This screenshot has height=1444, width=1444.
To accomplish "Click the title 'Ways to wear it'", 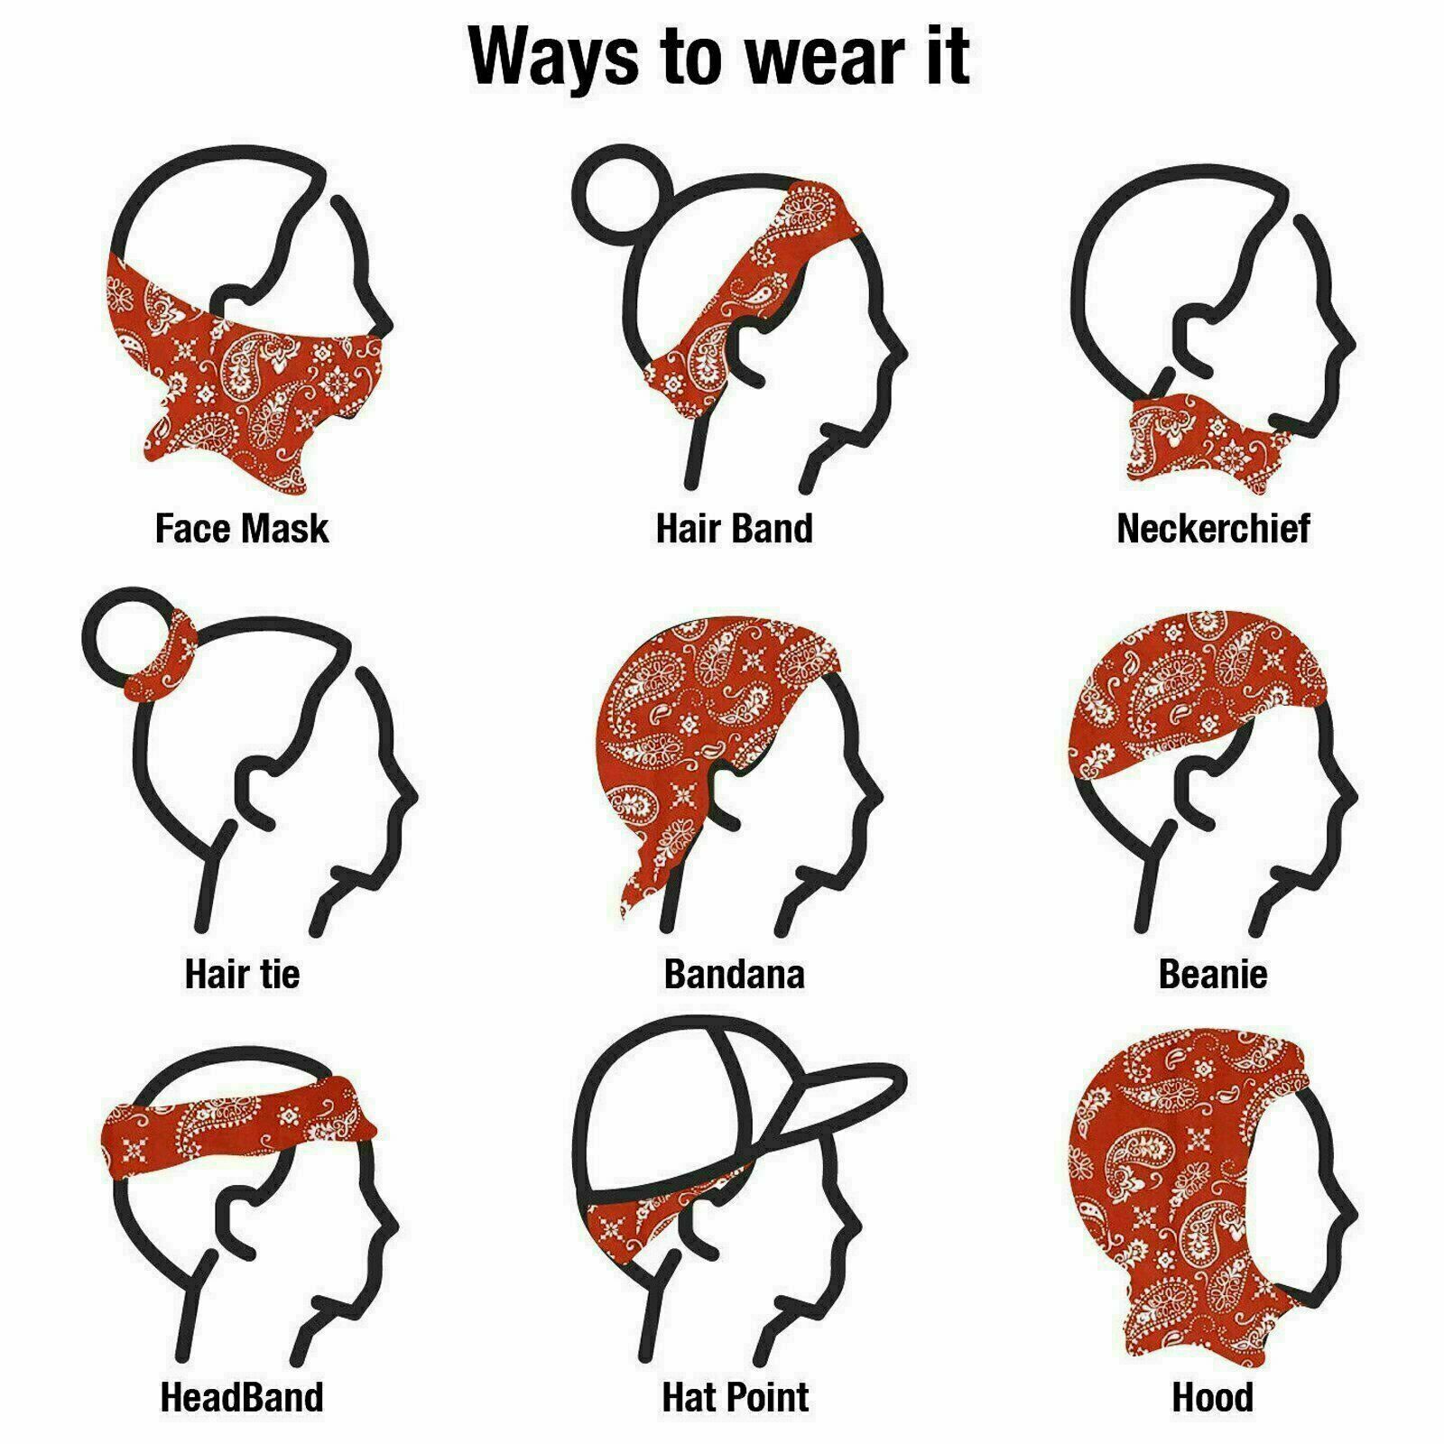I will tap(719, 56).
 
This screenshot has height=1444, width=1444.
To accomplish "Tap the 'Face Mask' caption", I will tap(242, 528).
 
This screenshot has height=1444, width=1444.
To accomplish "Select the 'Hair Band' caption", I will tap(734, 528).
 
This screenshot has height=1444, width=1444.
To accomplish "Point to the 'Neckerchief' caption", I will tap(1212, 528).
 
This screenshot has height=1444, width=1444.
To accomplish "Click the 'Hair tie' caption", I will tap(242, 974).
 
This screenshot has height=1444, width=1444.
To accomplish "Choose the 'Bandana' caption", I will tap(734, 974).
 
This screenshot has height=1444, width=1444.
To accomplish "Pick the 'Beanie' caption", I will tap(1212, 974).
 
